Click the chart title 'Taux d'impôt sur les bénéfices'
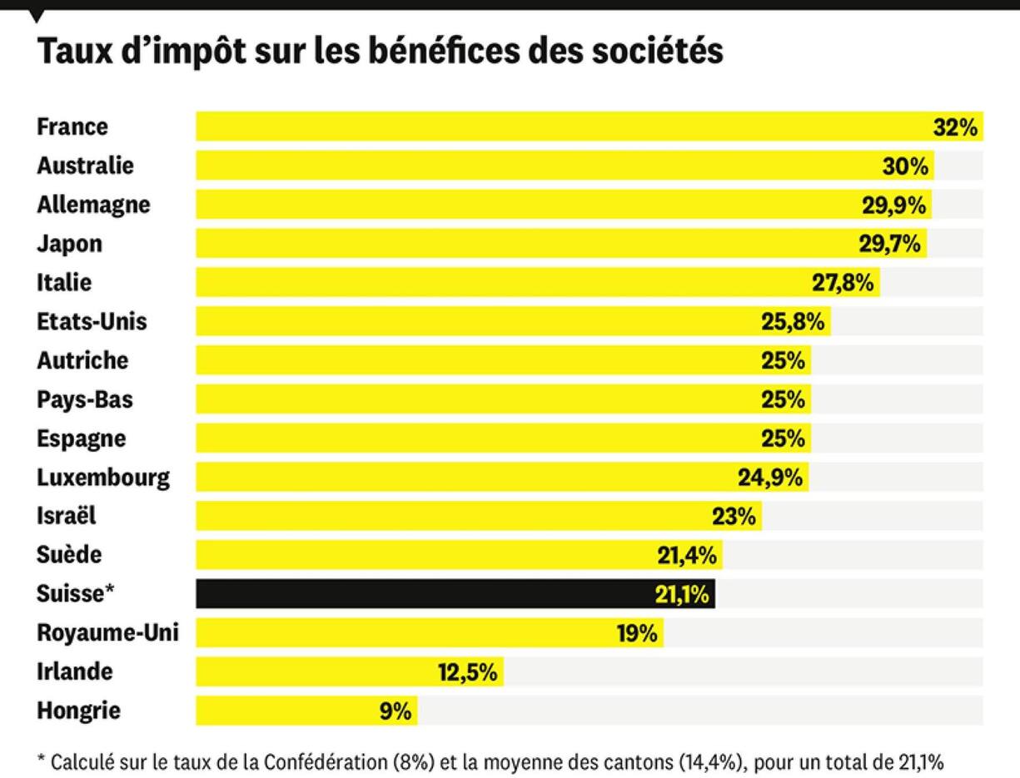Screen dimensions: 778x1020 [380, 52]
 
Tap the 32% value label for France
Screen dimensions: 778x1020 [954, 127]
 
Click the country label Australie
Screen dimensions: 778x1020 [85, 166]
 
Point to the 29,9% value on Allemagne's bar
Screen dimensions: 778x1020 [895, 205]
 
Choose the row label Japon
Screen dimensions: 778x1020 [70, 244]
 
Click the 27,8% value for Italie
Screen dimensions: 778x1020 [843, 283]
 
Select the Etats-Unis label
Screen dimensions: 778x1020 [92, 321]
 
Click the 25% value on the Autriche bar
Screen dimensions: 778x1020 [783, 360]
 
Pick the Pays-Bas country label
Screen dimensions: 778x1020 [85, 399]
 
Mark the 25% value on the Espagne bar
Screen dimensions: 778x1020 [783, 439]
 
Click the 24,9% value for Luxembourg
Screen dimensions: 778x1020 [770, 478]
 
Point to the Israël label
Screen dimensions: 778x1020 [67, 516]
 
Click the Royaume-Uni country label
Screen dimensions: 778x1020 [107, 633]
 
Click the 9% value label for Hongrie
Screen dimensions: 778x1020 [396, 711]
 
